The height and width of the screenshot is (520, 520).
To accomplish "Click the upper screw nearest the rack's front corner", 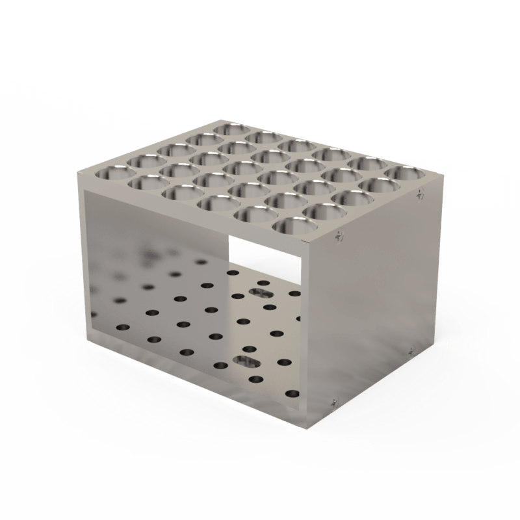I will tap(337, 237).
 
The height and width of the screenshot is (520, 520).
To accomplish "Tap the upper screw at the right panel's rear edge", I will tap(421, 193).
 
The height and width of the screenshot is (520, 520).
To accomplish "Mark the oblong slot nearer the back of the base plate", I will tap(265, 293).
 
